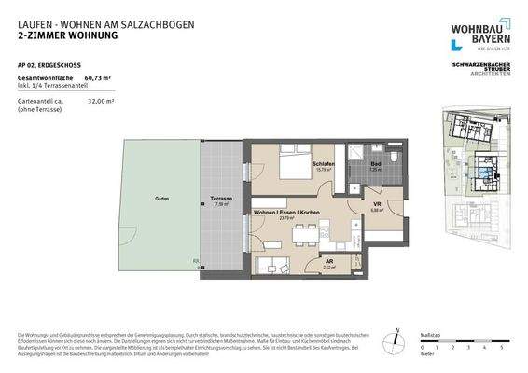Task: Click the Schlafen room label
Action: coord(323,163)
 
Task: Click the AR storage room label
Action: coord(328,262)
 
